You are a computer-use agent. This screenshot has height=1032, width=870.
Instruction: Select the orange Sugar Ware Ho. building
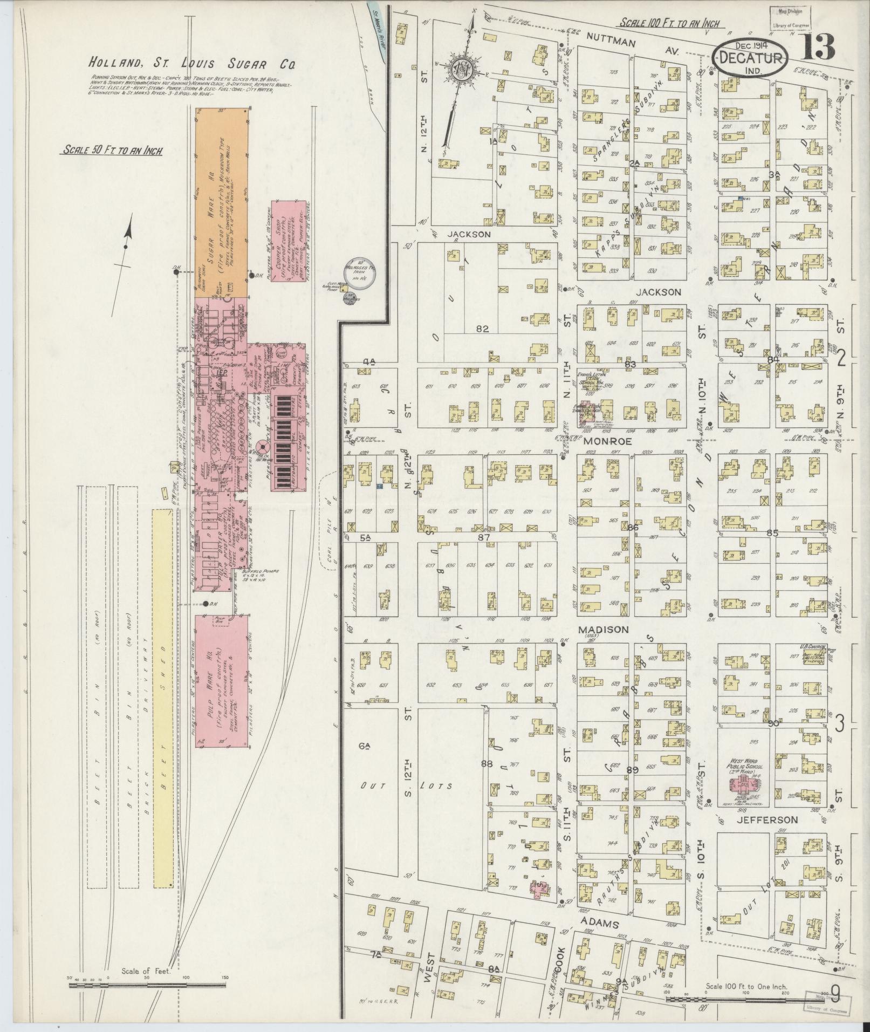pos(221,202)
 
